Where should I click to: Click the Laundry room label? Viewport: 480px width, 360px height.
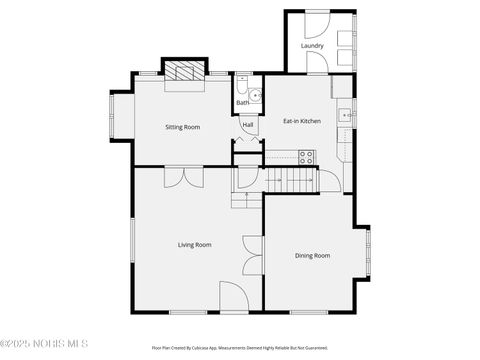point(312,46)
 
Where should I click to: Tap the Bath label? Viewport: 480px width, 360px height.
point(243,103)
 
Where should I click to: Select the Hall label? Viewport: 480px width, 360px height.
point(247,125)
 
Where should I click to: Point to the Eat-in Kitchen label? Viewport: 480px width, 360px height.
point(302,121)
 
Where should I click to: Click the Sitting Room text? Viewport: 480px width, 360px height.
point(182,127)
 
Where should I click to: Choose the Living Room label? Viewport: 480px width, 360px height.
point(194,245)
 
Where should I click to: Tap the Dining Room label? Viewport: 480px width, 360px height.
point(312,255)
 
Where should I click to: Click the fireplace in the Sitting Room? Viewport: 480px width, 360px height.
point(183,71)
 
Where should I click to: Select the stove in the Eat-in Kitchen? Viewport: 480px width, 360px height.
point(307,157)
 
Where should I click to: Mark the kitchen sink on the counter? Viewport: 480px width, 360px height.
point(346,115)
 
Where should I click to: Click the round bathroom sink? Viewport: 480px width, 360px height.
point(255,96)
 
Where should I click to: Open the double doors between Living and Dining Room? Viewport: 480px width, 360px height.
point(250,255)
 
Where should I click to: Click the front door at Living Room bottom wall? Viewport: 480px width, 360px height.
point(234,297)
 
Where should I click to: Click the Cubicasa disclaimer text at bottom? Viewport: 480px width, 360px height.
point(240,347)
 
